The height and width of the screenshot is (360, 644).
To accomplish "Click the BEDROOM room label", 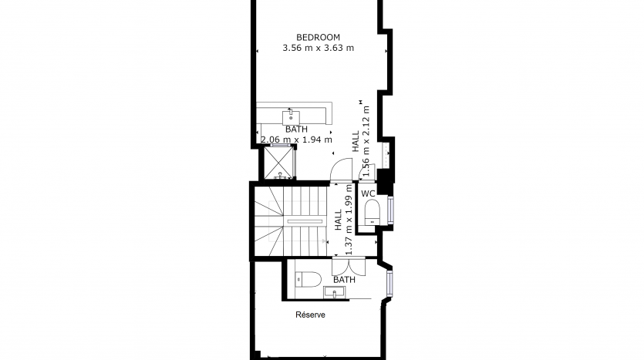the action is (x=318, y=37).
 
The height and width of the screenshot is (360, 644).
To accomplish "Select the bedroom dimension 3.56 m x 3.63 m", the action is (x=318, y=48).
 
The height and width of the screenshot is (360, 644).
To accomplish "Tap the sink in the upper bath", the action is (x=291, y=117).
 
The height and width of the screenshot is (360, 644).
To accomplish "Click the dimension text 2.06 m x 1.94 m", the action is (x=296, y=140).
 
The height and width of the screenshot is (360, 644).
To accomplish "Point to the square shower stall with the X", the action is (x=279, y=163).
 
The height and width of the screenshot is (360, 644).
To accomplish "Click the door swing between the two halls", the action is (x=342, y=170).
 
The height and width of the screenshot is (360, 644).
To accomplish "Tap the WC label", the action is (x=368, y=193).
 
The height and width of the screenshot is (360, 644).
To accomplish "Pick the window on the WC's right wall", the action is (x=390, y=210).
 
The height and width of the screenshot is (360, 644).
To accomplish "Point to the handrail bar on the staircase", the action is (x=305, y=221).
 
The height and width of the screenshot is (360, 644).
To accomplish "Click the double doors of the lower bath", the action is (x=349, y=267).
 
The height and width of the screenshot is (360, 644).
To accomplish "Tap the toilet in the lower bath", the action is (x=308, y=280).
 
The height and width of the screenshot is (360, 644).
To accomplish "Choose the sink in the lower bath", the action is (x=334, y=293).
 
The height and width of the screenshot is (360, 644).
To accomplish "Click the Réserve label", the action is (x=311, y=315).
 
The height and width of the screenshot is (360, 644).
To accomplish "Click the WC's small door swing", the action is (x=367, y=172).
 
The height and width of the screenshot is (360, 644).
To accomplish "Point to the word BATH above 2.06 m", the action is (x=296, y=130).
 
